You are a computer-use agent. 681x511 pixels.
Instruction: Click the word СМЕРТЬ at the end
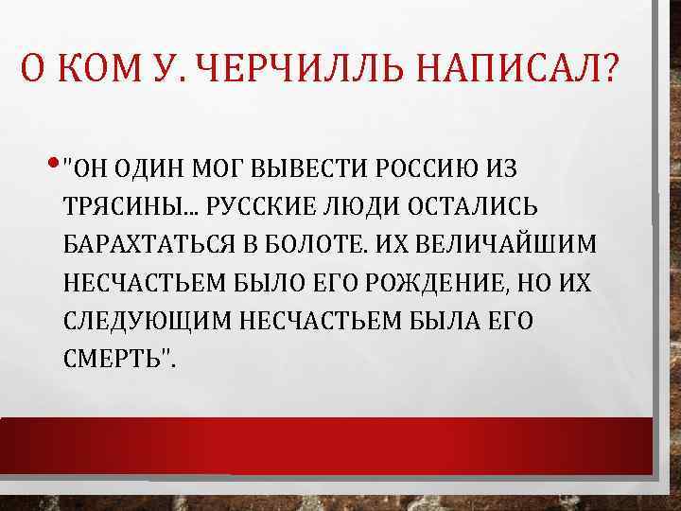115,361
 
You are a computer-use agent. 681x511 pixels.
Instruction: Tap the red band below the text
326,445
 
